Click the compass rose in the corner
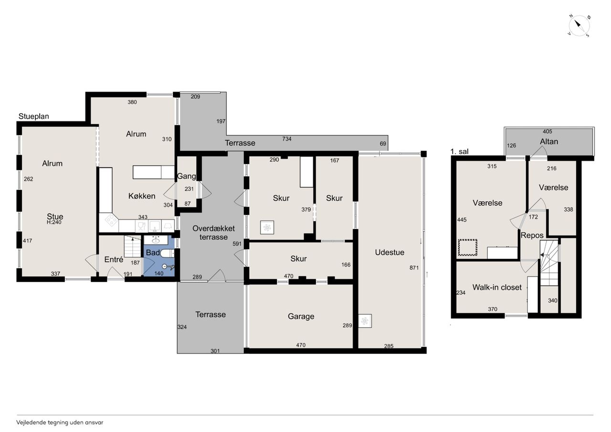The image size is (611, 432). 579,26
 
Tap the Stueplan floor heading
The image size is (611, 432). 33,116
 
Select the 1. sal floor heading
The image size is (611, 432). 459,151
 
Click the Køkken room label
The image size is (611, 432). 142,196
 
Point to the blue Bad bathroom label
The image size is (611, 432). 153,253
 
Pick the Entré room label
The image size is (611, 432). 114,259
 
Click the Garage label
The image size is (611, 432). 301,316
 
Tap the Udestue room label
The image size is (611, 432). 390,252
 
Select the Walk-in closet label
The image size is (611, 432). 497,287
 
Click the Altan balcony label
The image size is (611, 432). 549,142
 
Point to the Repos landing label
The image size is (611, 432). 532,235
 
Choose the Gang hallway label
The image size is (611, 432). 186,176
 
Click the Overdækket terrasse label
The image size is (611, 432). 213,232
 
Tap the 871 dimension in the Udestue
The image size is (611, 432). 414,268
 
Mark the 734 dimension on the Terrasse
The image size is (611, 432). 287,139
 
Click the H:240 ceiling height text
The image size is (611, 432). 54,222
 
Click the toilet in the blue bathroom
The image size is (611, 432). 167,253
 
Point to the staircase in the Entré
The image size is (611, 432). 133,247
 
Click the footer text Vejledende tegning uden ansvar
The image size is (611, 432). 60,422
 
